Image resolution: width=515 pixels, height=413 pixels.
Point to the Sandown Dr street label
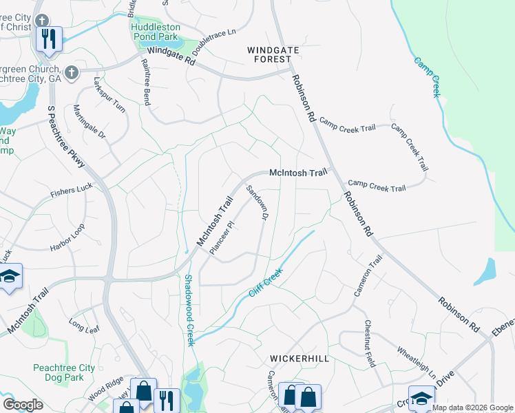click(257, 203)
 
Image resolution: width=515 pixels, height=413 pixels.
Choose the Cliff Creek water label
click(267, 283)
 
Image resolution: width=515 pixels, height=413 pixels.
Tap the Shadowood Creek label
click(189, 310)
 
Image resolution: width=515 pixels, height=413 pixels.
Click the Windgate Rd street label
click(171, 55)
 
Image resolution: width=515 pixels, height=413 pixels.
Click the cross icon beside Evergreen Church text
click(71, 72)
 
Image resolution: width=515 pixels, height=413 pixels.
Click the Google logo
click(23, 405)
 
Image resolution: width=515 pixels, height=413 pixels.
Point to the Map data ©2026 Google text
click(472, 407)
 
